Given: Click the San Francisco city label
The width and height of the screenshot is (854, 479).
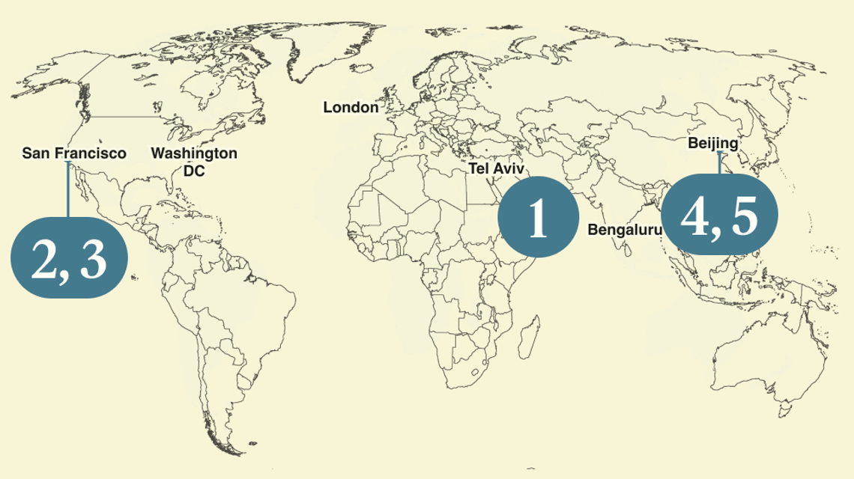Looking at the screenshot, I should [73, 153].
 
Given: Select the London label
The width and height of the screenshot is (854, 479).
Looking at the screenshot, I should [351, 108].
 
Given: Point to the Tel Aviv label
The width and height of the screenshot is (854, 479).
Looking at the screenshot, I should [497, 168].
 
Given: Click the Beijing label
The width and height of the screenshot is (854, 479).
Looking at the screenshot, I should [712, 143].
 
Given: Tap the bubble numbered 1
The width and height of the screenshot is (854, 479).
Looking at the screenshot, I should [538, 218].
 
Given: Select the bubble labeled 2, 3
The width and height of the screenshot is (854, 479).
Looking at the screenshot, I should [69, 257].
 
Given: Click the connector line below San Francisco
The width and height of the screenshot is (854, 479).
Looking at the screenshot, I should [68, 191].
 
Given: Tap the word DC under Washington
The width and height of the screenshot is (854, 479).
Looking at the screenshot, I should [194, 171].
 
